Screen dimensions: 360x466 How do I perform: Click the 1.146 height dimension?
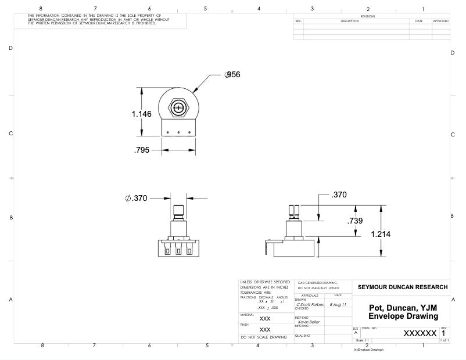[x=142, y=114]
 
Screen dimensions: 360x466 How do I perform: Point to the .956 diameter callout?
[x=232, y=74]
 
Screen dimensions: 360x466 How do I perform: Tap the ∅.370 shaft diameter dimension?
[x=136, y=198]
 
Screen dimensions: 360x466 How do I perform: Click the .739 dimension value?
[x=355, y=221]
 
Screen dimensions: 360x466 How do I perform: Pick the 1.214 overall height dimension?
[x=381, y=235]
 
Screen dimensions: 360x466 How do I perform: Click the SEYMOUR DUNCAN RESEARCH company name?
[x=403, y=287]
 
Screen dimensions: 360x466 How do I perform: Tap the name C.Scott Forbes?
[x=309, y=304]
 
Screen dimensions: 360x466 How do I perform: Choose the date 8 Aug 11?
[x=338, y=304]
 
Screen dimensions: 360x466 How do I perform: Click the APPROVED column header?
[x=440, y=21]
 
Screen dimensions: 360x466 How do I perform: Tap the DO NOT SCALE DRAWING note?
[x=264, y=337]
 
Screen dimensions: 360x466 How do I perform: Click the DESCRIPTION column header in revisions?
[x=349, y=21]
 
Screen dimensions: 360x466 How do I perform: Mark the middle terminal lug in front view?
[x=179, y=251]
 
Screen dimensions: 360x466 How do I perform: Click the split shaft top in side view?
[x=293, y=208]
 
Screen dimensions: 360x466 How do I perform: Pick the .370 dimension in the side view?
[x=338, y=195]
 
